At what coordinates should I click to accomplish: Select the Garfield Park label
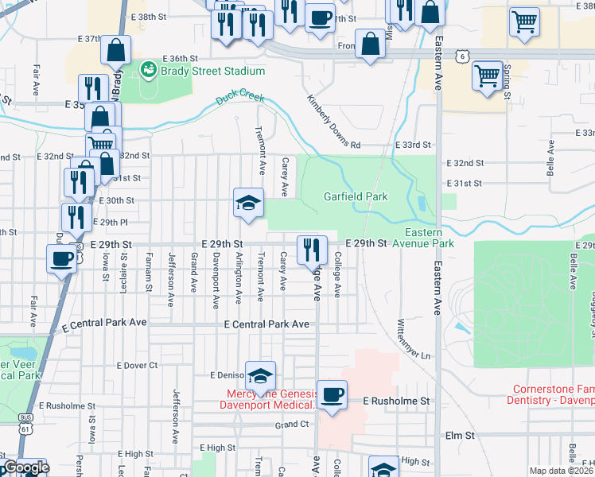tap(356, 196)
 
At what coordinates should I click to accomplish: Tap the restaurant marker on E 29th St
tap(312, 250)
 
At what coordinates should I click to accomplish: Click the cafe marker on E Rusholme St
tap(332, 394)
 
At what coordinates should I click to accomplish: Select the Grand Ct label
tap(292, 425)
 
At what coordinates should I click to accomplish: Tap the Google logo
tap(25, 468)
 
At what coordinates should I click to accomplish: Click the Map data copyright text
tap(562, 471)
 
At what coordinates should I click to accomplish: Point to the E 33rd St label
tap(413, 145)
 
